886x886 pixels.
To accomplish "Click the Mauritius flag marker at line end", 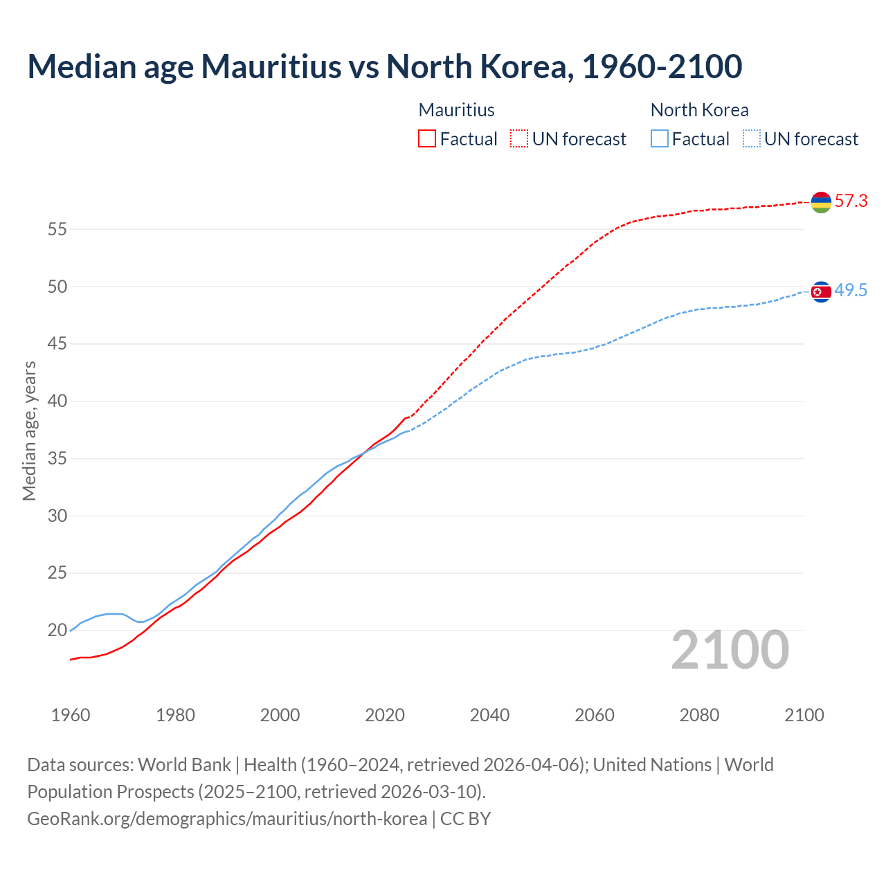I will point(821,202).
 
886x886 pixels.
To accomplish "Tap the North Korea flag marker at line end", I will point(821,291).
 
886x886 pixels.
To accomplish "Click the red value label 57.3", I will point(851,201).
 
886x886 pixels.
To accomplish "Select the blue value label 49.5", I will point(851,291).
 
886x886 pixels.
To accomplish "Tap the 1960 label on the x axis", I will point(71,715).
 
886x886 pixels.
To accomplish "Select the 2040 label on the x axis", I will point(489,715).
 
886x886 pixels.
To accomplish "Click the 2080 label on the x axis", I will point(699,715).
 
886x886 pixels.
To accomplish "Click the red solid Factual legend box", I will point(427,139).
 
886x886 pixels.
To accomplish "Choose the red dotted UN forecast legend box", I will point(519,139).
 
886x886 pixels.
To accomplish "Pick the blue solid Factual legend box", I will point(660,139).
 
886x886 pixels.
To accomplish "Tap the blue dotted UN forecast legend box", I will point(752,139).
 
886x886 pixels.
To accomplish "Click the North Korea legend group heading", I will point(699,110).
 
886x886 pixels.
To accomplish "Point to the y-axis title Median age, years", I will point(29,431).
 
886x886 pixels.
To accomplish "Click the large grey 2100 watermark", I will point(730,650).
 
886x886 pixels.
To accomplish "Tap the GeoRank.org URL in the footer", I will point(227,819).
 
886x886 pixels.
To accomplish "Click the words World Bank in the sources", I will point(184,765).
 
